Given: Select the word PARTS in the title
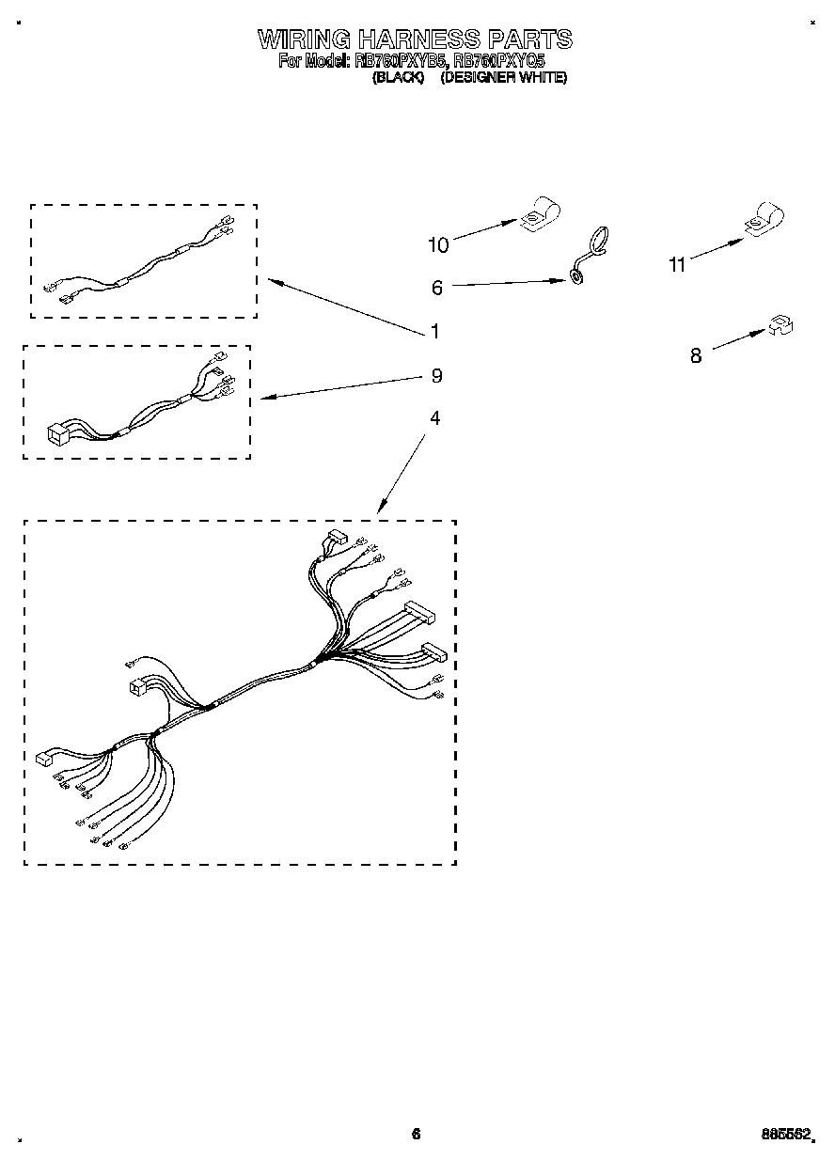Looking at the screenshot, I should pos(529,39).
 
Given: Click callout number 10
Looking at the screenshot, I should pos(438,245).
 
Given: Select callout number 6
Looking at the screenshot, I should pos(437,288).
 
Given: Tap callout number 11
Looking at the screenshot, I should pos(677,265).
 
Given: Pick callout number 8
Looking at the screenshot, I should pos(696,355).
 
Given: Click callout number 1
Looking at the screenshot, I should pos(434,331).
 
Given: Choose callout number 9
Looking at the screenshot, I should pos(436,375).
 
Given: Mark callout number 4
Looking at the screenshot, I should pos(434,417).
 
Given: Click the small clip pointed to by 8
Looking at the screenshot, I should pos(780,325).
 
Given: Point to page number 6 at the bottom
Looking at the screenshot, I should pos(416,1134).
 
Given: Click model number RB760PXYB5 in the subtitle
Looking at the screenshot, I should pos(402,61).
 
